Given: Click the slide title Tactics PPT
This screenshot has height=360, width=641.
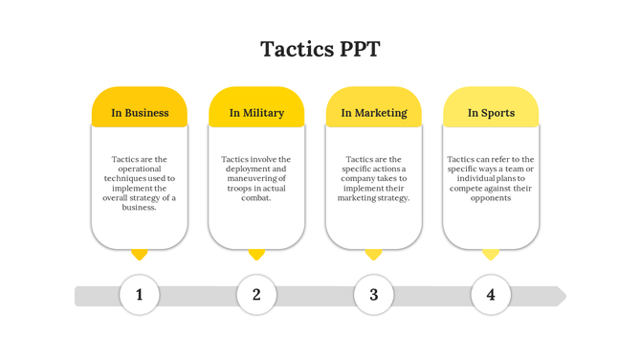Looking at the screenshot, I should click(320, 50).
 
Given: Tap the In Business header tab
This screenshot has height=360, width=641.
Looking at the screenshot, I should click(140, 112).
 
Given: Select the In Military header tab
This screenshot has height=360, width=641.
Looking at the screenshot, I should click(256, 112).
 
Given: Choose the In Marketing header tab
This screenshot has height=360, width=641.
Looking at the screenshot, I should click(373, 112).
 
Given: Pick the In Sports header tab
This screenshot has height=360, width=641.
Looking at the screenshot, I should click(491, 112).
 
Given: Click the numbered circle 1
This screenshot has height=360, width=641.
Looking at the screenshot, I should click(140, 295).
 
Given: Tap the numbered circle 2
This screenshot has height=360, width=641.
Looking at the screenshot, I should click(256, 295).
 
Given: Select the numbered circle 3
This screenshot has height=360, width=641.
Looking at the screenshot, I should click(374, 295).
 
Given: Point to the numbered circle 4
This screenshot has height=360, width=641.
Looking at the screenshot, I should click(491, 295).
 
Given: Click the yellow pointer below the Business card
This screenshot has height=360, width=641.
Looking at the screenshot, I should click(140, 255).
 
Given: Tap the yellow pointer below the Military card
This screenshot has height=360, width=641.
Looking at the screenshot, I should click(256, 255).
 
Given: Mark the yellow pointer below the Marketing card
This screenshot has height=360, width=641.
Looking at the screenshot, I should click(374, 255).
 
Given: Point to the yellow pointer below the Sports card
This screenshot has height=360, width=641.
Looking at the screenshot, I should click(491, 255).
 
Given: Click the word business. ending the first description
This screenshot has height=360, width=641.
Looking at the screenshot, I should click(140, 208).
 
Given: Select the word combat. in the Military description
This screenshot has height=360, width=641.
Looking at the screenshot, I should click(256, 198).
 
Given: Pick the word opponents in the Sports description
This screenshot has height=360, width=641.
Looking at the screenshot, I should click(491, 198).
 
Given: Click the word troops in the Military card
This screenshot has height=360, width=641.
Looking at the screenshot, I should click(241, 189).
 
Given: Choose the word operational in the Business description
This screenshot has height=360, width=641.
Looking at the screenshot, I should click(140, 169).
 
